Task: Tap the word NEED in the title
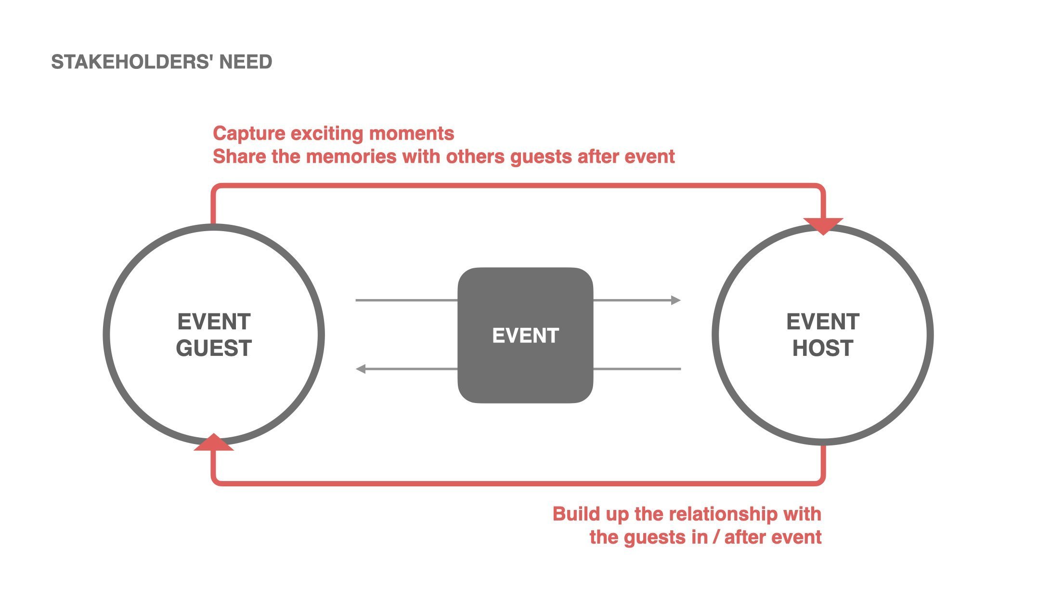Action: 246,62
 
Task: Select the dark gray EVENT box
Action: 525,336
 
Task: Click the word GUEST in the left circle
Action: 214,348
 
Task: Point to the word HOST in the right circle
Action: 822,348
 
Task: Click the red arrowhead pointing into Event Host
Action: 823,225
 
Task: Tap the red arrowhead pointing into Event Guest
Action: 214,443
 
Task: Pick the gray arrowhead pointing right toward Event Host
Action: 676,300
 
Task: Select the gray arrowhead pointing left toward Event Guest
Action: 361,369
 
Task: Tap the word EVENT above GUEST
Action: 214,322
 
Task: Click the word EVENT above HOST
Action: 822,322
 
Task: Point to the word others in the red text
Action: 475,157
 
